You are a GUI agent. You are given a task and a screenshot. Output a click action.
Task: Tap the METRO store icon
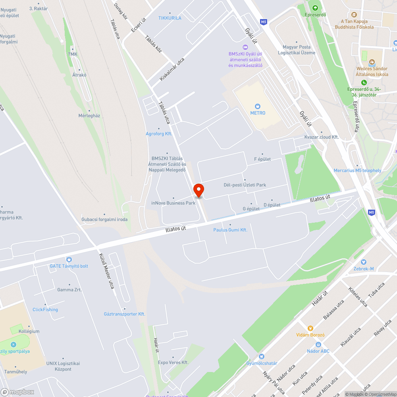258,106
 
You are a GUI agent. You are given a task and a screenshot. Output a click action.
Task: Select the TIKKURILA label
170,18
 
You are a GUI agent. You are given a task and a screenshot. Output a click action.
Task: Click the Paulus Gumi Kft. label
230,230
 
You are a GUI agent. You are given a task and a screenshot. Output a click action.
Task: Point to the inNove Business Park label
173,203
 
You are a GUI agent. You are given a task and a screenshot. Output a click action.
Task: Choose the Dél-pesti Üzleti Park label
245,185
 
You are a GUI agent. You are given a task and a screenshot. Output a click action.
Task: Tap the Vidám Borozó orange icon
310,328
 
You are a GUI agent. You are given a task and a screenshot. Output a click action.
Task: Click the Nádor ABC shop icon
318,344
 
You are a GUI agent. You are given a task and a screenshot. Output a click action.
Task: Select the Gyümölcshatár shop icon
261,356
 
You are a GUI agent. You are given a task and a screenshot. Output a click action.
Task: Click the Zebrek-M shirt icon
364,262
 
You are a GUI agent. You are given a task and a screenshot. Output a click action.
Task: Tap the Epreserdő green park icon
315,8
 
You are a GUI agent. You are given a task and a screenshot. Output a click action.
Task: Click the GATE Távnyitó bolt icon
69,259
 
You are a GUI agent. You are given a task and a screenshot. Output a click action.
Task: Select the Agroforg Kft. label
159,134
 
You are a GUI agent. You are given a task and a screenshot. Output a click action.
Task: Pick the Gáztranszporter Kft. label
125,314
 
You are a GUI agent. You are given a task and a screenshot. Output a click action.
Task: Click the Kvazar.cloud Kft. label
321,137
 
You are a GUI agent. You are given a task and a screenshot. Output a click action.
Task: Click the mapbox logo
17,392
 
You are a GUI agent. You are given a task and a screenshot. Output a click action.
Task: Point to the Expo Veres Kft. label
173,362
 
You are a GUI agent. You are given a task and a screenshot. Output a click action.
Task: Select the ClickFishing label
45,310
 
